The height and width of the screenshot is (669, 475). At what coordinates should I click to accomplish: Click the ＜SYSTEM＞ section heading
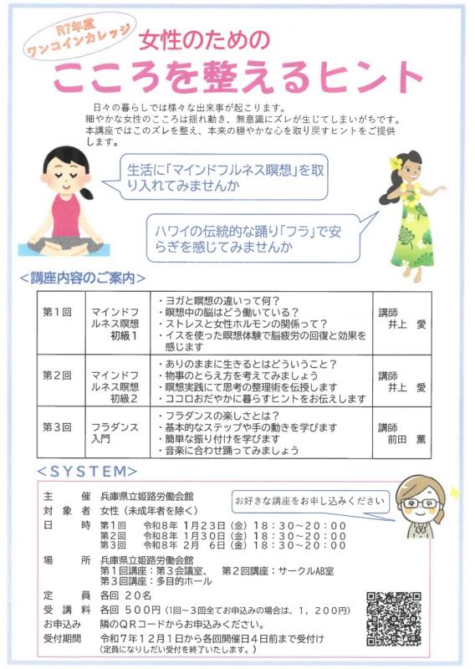[x=87, y=471]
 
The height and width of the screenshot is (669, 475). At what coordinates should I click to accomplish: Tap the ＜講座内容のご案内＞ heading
[x=83, y=278]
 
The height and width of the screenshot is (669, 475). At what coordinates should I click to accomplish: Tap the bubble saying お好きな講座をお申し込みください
[x=311, y=500]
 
